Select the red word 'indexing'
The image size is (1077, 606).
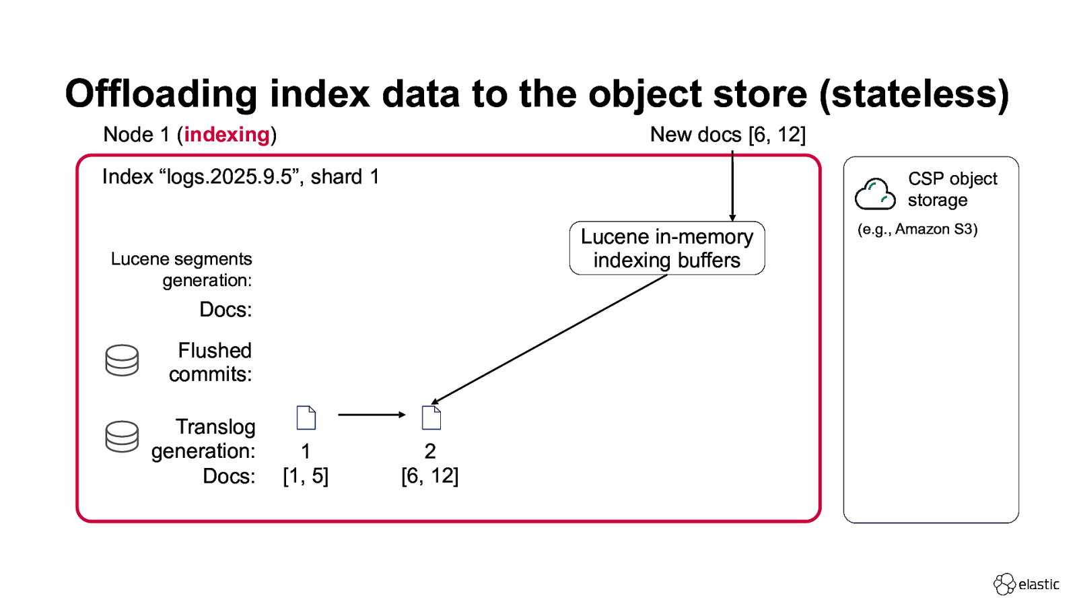pyautogui.click(x=227, y=135)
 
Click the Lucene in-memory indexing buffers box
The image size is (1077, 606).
pyautogui.click(x=666, y=248)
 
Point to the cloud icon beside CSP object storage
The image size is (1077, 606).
pyautogui.click(x=874, y=194)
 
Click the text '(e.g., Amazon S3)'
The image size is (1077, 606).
pyautogui.click(x=917, y=230)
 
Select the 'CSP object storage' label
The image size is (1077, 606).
pyautogui.click(x=952, y=189)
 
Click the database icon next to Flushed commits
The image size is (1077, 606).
pyautogui.click(x=122, y=360)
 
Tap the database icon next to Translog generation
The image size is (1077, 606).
pyautogui.click(x=122, y=436)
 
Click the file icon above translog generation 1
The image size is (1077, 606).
pyautogui.click(x=306, y=417)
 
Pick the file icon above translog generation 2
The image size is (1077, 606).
pyautogui.click(x=431, y=417)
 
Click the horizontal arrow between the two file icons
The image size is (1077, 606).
pyautogui.click(x=371, y=415)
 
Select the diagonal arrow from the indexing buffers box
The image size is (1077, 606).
pyautogui.click(x=549, y=339)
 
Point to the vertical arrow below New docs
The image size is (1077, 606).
pyautogui.click(x=732, y=185)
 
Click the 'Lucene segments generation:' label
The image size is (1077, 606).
pyautogui.click(x=182, y=269)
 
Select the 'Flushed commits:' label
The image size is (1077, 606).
pyautogui.click(x=210, y=362)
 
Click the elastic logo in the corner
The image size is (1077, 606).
pyautogui.click(x=1026, y=584)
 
